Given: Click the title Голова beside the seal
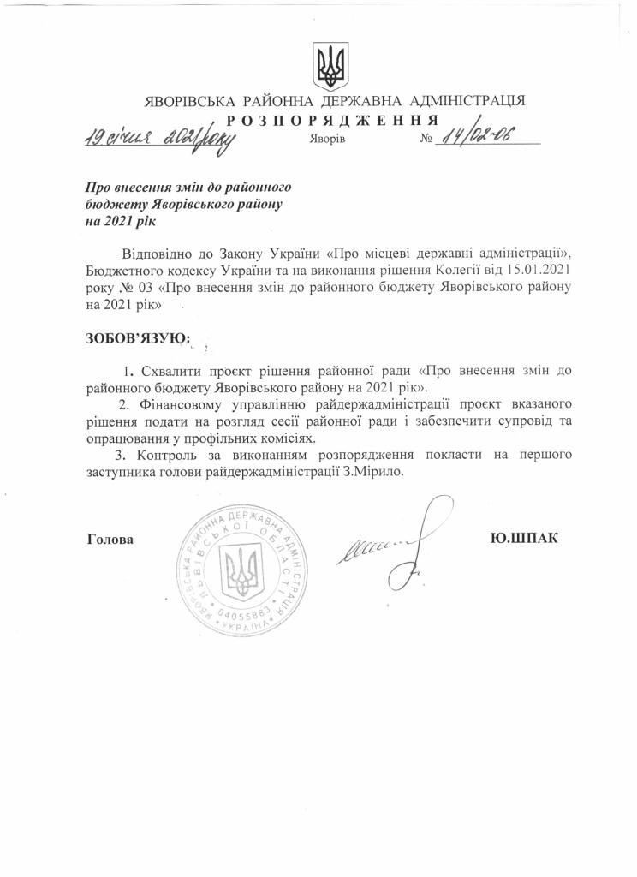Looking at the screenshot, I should pyautogui.click(x=110, y=540).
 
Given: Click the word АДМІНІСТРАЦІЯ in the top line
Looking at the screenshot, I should pyautogui.click(x=469, y=100).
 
